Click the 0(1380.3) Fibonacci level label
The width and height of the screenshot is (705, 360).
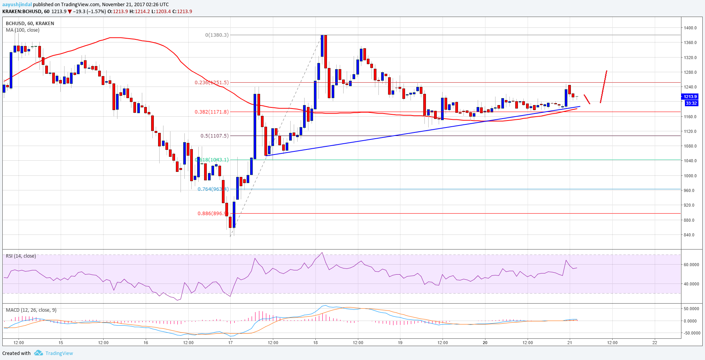coord(217,35)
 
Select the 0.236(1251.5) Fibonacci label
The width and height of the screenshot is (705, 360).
coord(211,82)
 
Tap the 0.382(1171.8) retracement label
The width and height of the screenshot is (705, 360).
coord(211,112)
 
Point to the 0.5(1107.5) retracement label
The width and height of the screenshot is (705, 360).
coord(215,136)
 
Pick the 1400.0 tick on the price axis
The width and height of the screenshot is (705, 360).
coord(690,28)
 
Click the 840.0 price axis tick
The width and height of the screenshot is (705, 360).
coord(689,235)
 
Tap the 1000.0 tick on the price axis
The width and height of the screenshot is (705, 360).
coord(690,176)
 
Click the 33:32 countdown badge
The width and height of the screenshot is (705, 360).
coord(691,103)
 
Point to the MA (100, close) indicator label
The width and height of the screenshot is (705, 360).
coord(22,30)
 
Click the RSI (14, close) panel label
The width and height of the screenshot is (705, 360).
coord(21,256)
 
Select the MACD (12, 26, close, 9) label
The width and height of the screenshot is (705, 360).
coord(31,310)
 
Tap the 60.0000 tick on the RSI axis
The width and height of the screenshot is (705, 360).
coord(691,265)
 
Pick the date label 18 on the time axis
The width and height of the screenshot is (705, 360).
coord(315,342)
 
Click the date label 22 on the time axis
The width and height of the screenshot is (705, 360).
coord(655,342)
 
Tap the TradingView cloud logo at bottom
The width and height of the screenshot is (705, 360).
coord(38,353)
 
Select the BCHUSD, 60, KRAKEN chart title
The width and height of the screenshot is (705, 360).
coord(30,23)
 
